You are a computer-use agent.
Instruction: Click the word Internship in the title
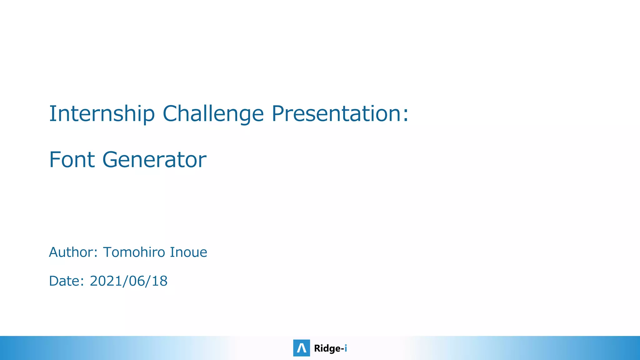tap(102, 114)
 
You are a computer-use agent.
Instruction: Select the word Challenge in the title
tap(213, 114)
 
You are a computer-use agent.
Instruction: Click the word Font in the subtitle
tap(72, 160)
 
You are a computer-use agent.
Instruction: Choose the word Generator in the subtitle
tap(154, 160)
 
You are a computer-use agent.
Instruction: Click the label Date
tap(64, 281)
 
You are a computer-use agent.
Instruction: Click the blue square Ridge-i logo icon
tap(302, 348)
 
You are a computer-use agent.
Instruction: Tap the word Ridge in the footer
tap(327, 348)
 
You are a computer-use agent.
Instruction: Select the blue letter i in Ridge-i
tap(346, 348)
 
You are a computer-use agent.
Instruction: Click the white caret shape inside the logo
tap(302, 348)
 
